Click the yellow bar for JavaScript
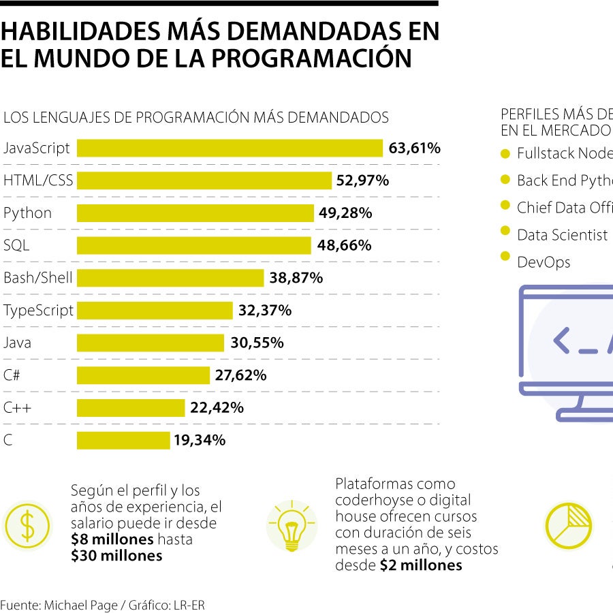coord(230,148)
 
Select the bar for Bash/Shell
coord(170,278)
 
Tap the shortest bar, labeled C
coord(123,441)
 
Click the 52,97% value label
coord(362,180)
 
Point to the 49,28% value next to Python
coord(345,213)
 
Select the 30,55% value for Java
coord(257,343)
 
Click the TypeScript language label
coord(38,311)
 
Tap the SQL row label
coord(16,245)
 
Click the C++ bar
coord(130,408)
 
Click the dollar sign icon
coord(27,525)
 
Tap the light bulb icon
coord(292,526)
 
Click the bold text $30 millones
coord(116,556)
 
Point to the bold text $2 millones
coord(420,565)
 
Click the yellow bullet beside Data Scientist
coord(505,231)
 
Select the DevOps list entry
coord(543,262)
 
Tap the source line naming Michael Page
coord(103,605)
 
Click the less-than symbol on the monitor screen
coord(561,341)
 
